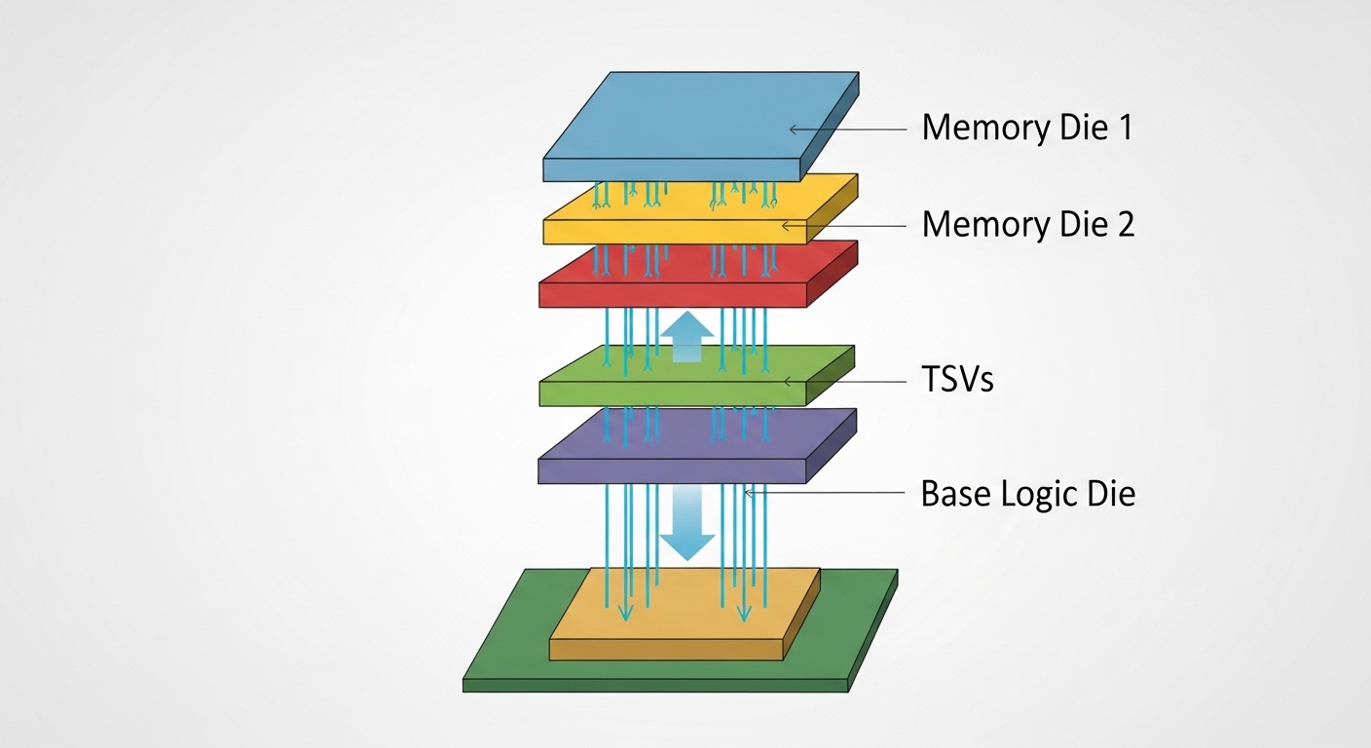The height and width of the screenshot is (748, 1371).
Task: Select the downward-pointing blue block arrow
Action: (x=687, y=526)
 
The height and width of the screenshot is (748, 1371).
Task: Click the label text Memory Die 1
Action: (x=1026, y=128)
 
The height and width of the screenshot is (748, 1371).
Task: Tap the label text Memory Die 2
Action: (x=1027, y=225)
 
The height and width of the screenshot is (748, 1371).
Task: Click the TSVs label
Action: (x=957, y=380)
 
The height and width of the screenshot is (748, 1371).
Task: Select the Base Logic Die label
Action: (x=1027, y=494)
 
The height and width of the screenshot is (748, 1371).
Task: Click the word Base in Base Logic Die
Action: (x=955, y=494)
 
